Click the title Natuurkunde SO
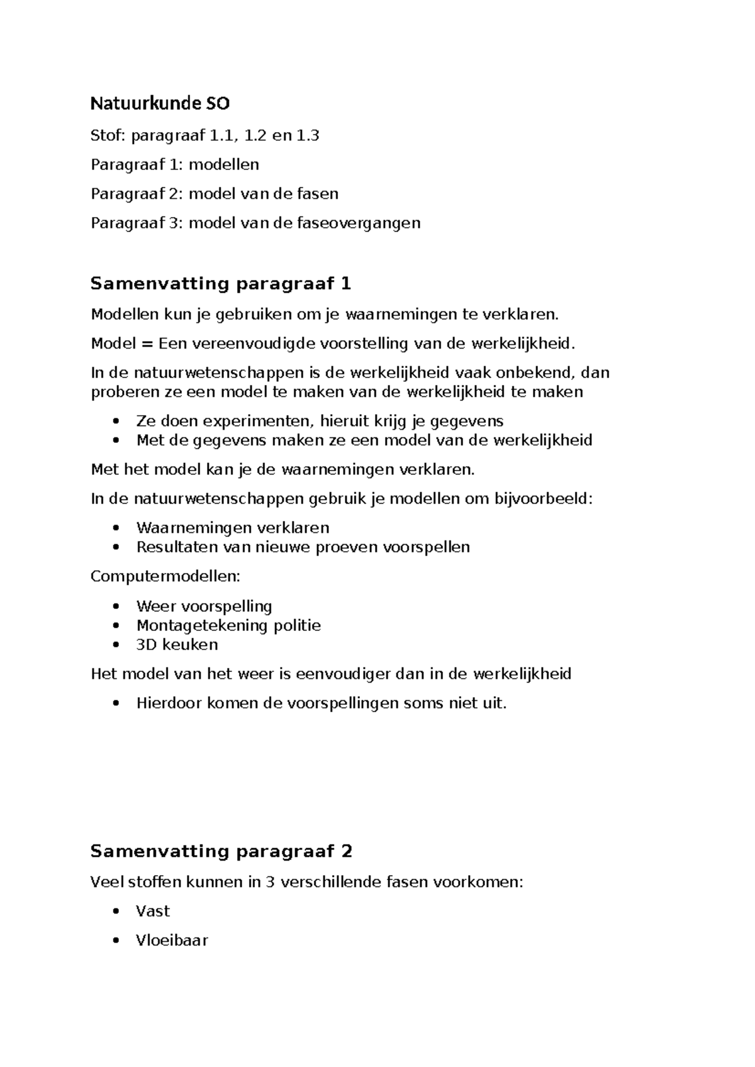click(x=160, y=103)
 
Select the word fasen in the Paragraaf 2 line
click(x=317, y=194)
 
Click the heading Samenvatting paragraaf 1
click(x=220, y=284)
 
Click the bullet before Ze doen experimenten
click(x=115, y=421)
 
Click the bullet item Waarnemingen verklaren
click(x=232, y=527)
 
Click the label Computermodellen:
click(x=165, y=576)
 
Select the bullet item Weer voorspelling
click(x=204, y=606)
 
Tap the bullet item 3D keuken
click(x=177, y=644)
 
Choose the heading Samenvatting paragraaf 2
click(x=221, y=851)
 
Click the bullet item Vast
click(x=153, y=911)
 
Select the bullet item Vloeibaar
click(x=172, y=941)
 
